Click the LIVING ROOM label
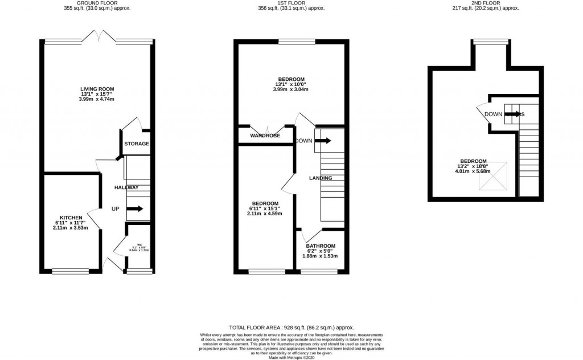97,89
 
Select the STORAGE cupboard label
137,144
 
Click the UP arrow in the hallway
135,209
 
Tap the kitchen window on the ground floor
71,271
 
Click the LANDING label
321,178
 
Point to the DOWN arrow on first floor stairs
322,141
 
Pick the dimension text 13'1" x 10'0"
291,84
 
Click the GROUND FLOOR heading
97,3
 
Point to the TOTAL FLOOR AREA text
291,328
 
